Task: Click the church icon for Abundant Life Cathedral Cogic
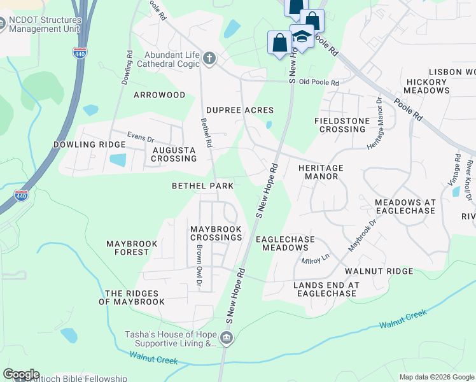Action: click(x=210, y=59)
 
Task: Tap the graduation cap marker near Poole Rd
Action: click(x=302, y=36)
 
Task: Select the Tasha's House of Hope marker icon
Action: click(x=227, y=338)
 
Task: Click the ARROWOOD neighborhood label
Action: click(x=159, y=95)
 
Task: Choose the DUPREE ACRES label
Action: click(x=240, y=110)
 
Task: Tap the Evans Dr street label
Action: click(x=141, y=138)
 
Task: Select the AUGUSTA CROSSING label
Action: click(x=169, y=154)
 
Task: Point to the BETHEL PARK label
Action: click(x=203, y=186)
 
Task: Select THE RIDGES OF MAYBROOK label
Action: click(x=135, y=297)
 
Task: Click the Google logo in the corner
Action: click(x=21, y=374)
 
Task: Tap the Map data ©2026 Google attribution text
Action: click(x=436, y=377)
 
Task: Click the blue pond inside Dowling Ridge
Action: click(x=118, y=160)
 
